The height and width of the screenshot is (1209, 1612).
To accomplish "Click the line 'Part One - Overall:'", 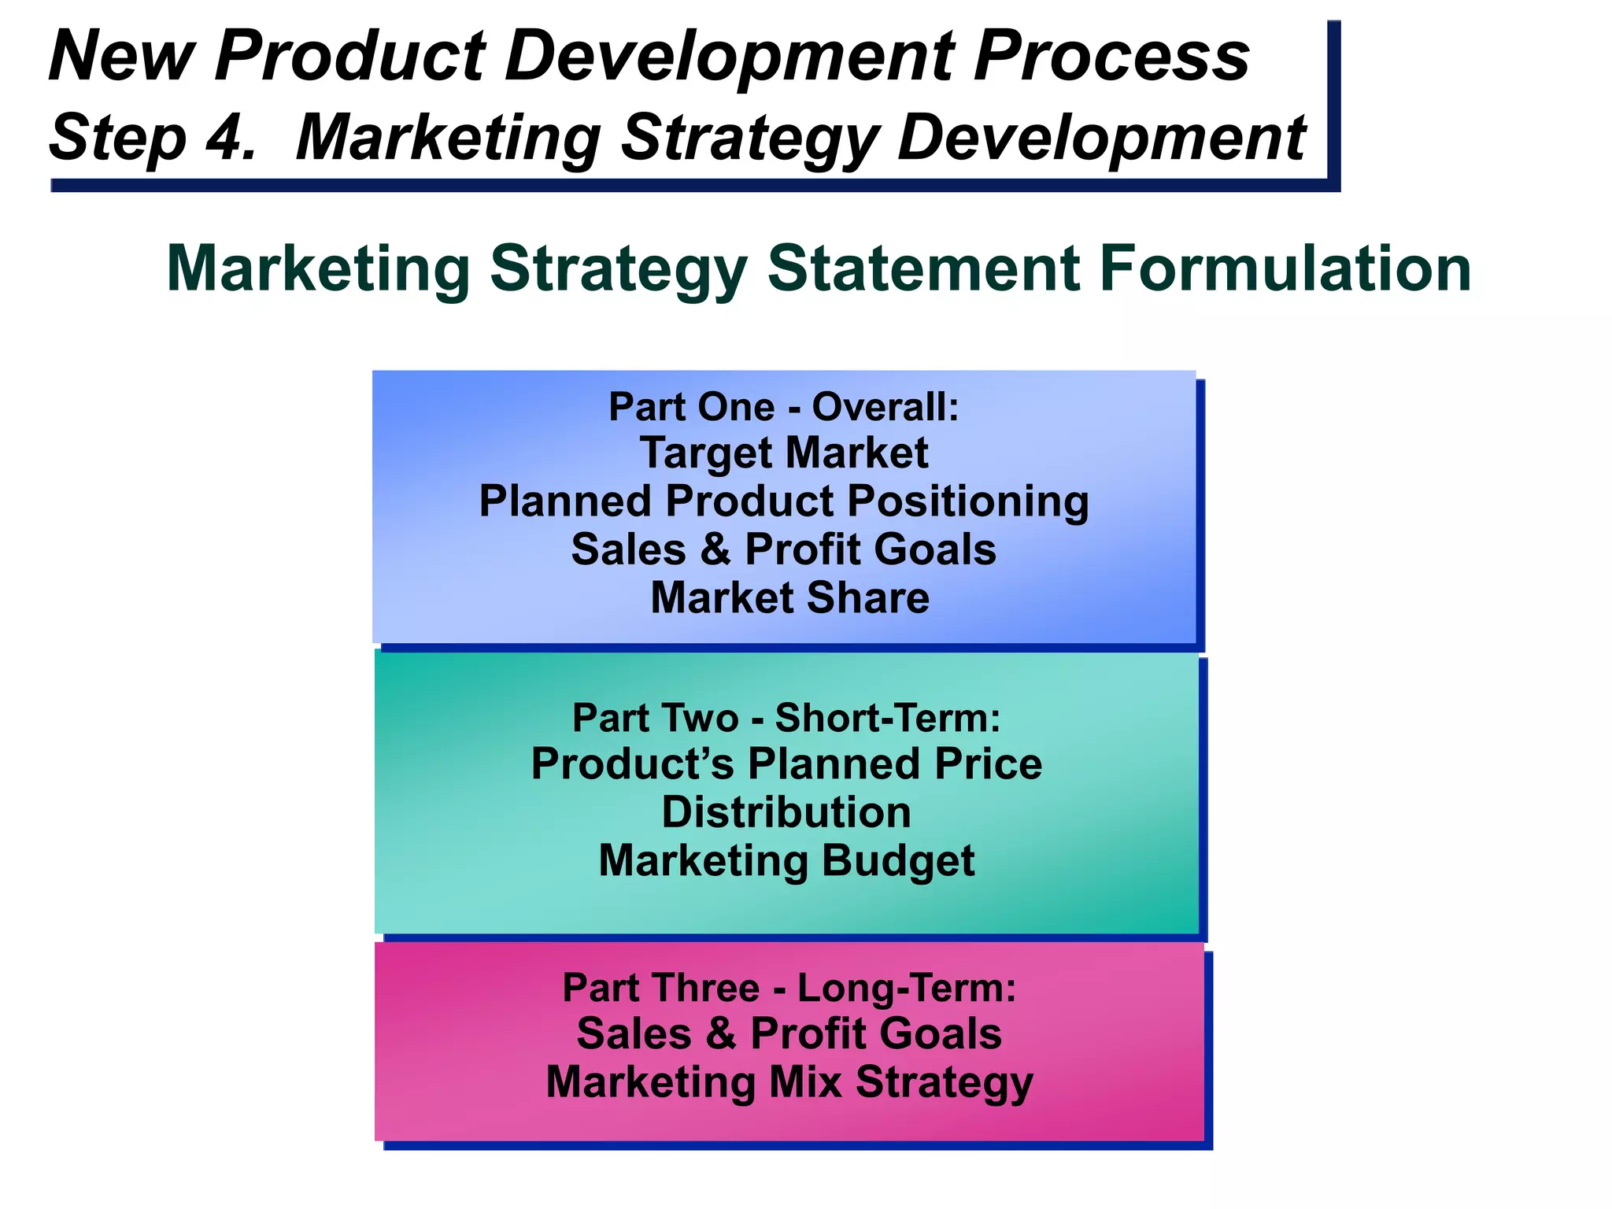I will (784, 408).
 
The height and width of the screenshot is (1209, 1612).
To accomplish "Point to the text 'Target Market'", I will (784, 453).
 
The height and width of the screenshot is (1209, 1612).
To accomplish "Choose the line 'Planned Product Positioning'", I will (784, 501).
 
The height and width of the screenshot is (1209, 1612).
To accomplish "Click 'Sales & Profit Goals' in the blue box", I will (784, 549).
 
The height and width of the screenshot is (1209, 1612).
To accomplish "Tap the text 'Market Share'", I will (789, 597).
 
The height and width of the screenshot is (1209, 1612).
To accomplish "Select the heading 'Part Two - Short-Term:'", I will (786, 718).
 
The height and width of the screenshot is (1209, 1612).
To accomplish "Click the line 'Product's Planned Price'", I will (786, 764).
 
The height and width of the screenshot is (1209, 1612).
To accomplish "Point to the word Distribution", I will (786, 812).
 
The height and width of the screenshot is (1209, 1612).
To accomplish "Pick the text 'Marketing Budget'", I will (786, 860).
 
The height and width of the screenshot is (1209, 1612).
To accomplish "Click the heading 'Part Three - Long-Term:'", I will (789, 988).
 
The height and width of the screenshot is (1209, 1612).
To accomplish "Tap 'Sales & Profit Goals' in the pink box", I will (789, 1033).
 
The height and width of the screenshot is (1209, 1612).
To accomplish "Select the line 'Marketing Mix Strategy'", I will (789, 1082).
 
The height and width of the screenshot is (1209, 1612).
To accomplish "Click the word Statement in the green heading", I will (923, 268).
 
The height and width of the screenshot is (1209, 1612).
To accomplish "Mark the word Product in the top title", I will (349, 57).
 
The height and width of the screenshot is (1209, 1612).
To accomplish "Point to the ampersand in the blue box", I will (715, 549).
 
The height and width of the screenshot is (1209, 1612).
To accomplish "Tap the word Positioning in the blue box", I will (967, 502).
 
